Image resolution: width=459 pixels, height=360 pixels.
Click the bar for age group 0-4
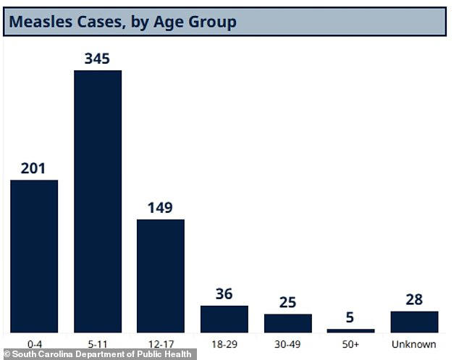[x=34, y=256]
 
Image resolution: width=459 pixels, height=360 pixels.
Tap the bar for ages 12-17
[x=161, y=275]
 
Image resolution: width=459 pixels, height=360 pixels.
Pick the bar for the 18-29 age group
[x=224, y=319]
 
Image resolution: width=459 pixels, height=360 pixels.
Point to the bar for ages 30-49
[x=287, y=323]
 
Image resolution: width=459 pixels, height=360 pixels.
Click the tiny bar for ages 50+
[x=350, y=330]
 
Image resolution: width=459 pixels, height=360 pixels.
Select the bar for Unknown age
[x=414, y=322]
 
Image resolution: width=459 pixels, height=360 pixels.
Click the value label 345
[x=97, y=59]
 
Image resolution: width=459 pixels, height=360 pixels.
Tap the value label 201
[x=33, y=168]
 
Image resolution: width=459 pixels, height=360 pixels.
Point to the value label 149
[x=161, y=208]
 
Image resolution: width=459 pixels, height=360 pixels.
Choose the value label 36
[x=224, y=294]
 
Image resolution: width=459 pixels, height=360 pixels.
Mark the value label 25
[x=287, y=302]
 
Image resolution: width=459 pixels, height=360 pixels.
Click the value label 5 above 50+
[x=350, y=317]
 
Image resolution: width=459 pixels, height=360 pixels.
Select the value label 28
[x=414, y=300]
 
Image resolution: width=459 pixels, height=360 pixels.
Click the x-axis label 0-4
[x=34, y=343]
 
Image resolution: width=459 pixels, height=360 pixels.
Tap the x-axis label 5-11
[x=97, y=343]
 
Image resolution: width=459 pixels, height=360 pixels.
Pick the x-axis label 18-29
[x=224, y=343]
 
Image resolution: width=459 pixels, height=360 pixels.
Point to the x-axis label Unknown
[x=414, y=343]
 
